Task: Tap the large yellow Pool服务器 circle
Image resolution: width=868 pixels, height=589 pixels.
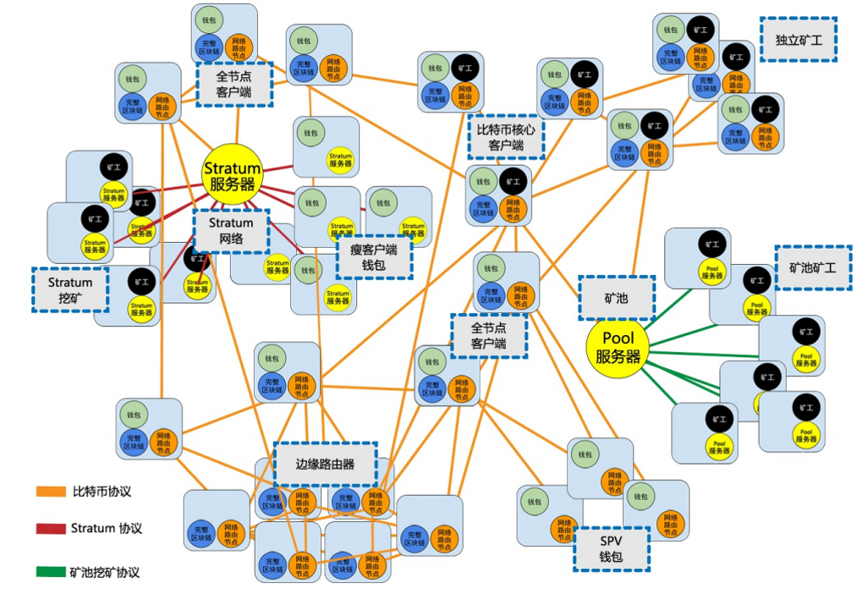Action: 618,347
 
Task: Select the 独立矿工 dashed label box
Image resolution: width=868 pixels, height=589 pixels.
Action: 798,40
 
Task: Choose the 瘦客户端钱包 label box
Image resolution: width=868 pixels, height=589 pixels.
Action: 374,256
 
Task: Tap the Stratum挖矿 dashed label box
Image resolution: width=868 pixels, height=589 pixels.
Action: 70,289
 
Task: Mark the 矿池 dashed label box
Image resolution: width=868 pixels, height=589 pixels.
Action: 616,298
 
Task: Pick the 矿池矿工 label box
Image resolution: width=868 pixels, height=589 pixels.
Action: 812,267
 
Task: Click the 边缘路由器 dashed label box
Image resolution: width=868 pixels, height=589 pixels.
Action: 325,464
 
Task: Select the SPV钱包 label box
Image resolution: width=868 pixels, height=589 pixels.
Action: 611,549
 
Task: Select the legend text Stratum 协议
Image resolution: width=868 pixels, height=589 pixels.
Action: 107,528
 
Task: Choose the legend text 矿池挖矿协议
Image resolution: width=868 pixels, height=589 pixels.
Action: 105,572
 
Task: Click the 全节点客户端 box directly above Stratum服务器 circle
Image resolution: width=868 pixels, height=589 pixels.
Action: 234,83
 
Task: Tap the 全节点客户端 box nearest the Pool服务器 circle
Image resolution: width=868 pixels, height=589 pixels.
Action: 488,336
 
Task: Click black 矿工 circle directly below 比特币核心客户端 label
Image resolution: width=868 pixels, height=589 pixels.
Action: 511,181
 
